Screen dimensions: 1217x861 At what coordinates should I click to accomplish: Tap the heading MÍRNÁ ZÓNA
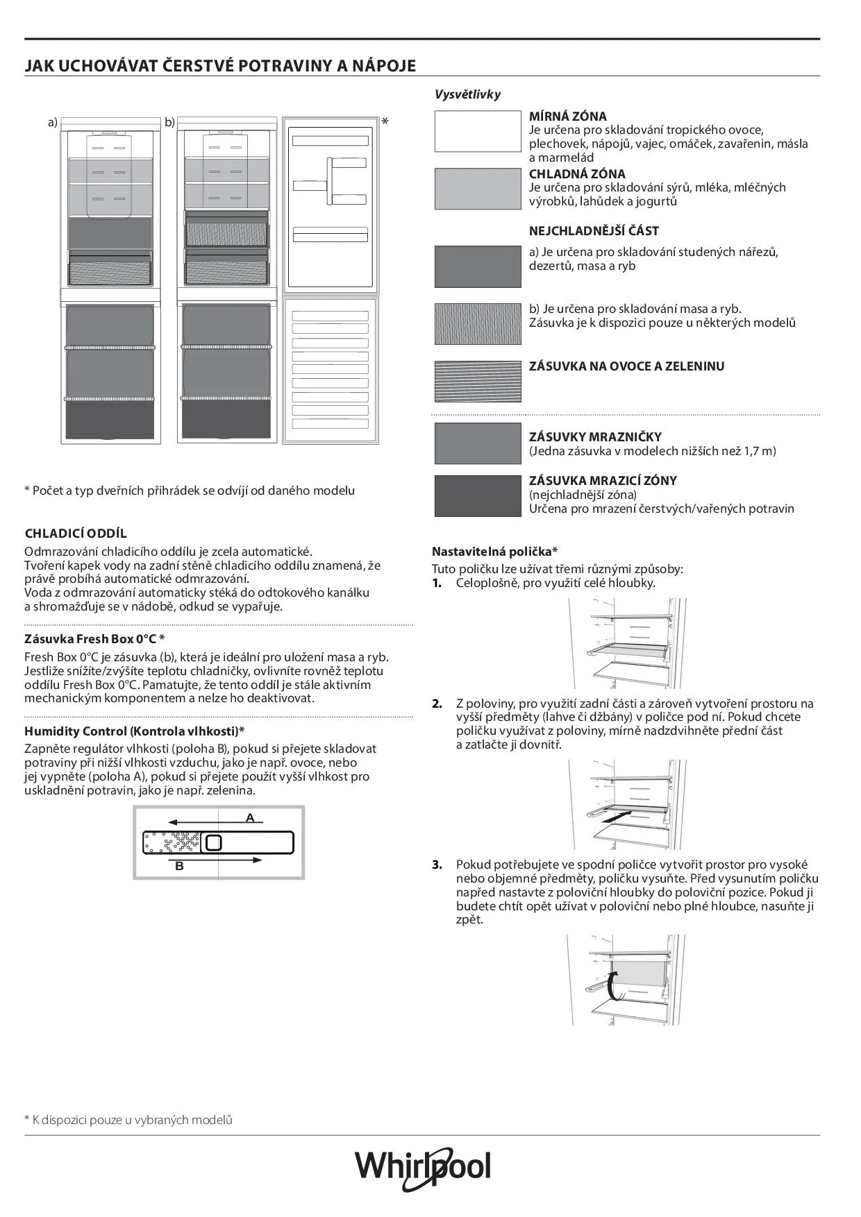pyautogui.click(x=567, y=117)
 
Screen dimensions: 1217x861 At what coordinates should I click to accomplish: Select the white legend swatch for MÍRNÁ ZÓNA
pyautogui.click(x=478, y=131)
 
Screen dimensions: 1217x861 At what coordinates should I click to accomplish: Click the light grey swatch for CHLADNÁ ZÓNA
pyautogui.click(x=478, y=189)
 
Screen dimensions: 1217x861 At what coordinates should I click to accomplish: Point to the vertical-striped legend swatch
pyautogui.click(x=478, y=323)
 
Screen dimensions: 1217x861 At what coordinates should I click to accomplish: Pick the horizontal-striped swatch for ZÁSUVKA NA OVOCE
pyautogui.click(x=478, y=381)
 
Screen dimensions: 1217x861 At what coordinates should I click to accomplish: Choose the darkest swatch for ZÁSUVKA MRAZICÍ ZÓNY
pyautogui.click(x=478, y=495)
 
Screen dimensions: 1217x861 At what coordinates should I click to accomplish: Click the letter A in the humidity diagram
pyautogui.click(x=250, y=818)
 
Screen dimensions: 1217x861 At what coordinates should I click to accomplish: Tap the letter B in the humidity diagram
pyautogui.click(x=179, y=866)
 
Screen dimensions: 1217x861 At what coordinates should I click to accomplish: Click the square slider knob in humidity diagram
pyautogui.click(x=214, y=842)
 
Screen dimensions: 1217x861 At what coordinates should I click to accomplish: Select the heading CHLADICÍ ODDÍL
pyautogui.click(x=76, y=534)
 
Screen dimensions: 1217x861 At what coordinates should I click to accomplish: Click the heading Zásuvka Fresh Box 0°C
pyautogui.click(x=94, y=638)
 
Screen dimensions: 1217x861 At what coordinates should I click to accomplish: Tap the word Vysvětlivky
pyautogui.click(x=467, y=94)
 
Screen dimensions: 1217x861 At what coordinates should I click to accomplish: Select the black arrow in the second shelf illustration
pyautogui.click(x=617, y=817)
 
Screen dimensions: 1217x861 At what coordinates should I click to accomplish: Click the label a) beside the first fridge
pyautogui.click(x=52, y=123)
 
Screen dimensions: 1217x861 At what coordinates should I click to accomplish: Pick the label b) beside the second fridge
pyautogui.click(x=169, y=123)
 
